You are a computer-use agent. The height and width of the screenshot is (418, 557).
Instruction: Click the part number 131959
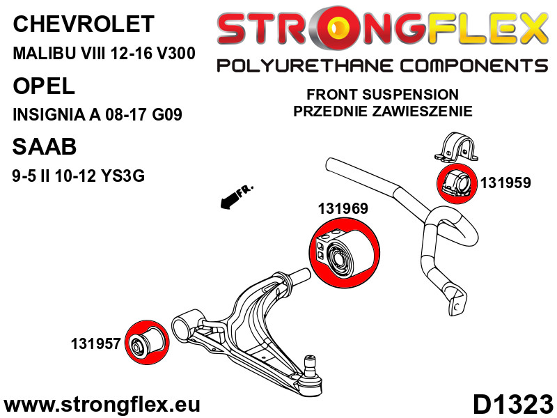(505, 183)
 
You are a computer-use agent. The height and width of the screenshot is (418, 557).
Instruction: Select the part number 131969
(343, 208)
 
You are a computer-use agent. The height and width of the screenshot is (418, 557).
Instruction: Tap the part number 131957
(96, 343)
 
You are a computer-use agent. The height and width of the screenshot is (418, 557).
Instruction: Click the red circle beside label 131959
(457, 183)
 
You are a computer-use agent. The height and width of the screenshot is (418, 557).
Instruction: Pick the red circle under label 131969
(344, 253)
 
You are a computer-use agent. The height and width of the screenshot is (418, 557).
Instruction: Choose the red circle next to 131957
(147, 342)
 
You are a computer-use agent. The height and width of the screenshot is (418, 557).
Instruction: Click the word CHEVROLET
(84, 24)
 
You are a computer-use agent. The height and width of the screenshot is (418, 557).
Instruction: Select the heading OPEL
(44, 86)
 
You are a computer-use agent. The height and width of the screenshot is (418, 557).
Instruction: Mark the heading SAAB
(45, 146)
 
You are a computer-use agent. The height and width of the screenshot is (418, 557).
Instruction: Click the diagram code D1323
(513, 404)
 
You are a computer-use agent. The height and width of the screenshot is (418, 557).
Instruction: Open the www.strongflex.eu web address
(102, 404)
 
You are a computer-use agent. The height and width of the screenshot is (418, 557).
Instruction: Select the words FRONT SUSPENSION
(382, 95)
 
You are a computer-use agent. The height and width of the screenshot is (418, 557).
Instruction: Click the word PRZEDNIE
(330, 111)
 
